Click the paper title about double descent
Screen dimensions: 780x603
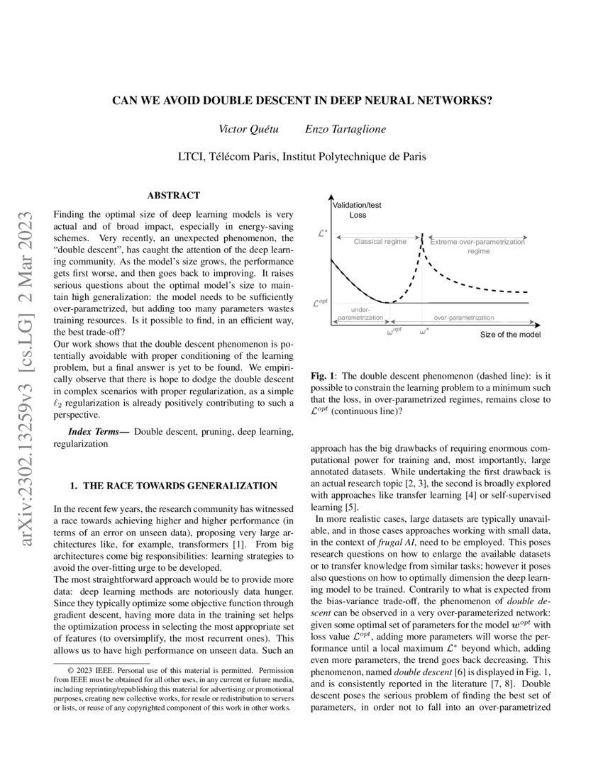tap(301, 101)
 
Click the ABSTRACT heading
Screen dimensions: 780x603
tap(173, 195)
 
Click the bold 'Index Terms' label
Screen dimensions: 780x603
tap(98, 432)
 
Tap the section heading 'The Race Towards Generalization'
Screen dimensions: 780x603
tap(173, 486)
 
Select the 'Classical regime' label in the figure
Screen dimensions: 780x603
tap(380, 242)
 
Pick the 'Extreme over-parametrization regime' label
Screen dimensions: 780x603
tap(477, 246)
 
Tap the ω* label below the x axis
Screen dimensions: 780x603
tap(424, 331)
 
